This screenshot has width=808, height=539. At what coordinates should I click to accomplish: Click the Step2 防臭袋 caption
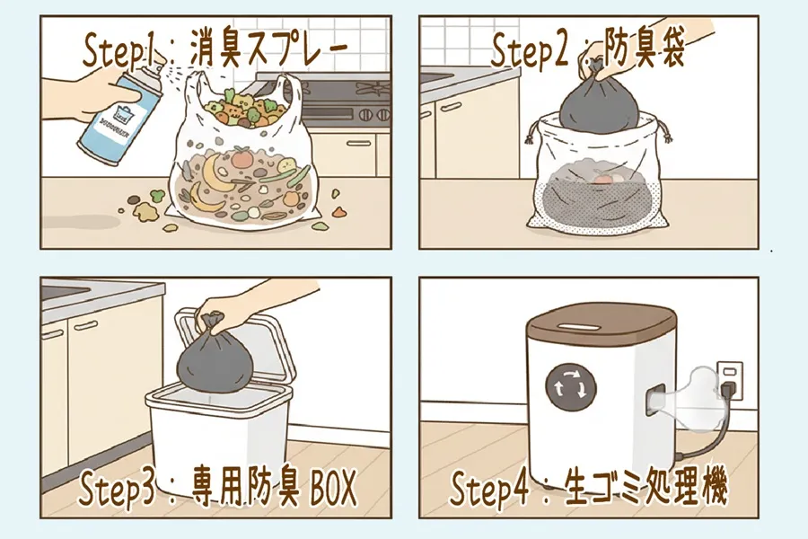pos(588,50)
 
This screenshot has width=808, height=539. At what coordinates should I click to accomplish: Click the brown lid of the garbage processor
pos(600,328)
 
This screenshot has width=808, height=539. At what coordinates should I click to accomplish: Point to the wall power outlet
pos(730,383)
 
